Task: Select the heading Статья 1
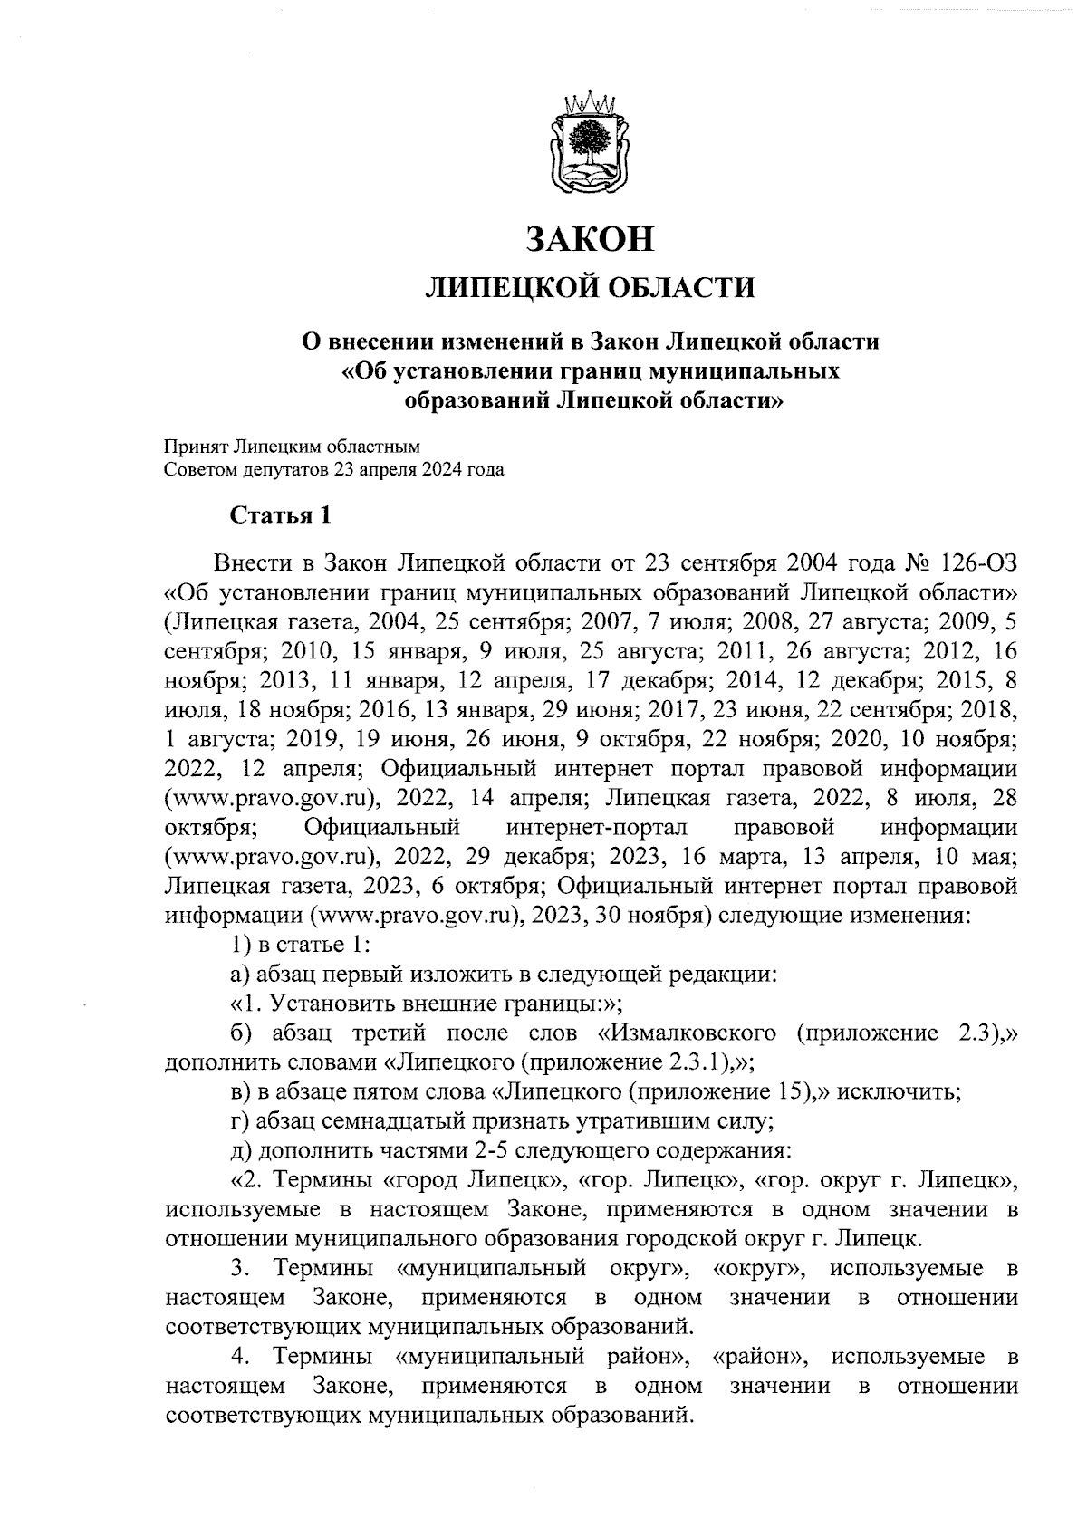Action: tap(280, 516)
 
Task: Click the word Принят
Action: tap(194, 446)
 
